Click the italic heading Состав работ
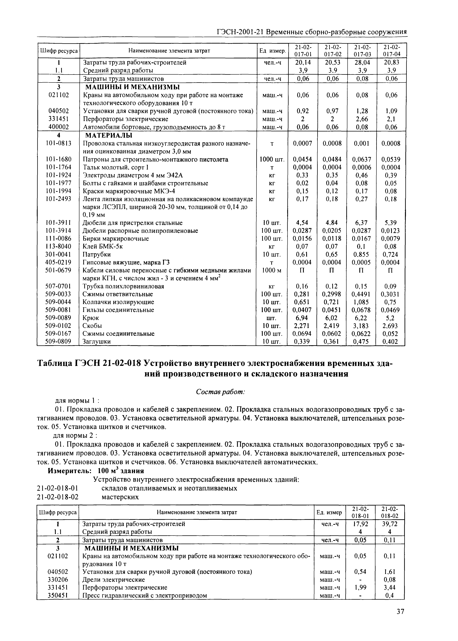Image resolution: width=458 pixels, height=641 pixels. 220,392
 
